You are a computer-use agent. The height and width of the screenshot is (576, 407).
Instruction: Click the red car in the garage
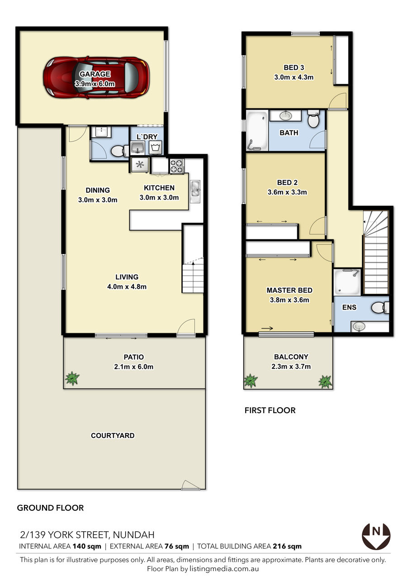pos(96,78)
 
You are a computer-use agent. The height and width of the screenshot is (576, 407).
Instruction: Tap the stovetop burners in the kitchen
pos(177,166)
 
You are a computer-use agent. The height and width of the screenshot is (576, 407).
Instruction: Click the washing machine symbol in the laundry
pos(155,148)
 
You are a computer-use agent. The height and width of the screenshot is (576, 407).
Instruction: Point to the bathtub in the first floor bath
pos(257,131)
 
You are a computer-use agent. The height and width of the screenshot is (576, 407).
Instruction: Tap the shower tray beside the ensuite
pos(347,282)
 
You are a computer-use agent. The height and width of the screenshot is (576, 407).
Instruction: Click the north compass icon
pos(376,536)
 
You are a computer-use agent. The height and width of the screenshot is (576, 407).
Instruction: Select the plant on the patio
pos(72,378)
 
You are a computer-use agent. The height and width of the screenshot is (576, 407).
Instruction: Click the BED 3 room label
pos(293,67)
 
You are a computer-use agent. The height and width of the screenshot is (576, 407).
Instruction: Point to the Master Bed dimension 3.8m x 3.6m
pos(289,300)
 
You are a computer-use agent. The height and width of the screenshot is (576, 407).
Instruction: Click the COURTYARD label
pos(113,436)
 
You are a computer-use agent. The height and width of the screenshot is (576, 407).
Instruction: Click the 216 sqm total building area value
pos(287,546)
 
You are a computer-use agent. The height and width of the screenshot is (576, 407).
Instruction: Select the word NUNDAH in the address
pos(133,535)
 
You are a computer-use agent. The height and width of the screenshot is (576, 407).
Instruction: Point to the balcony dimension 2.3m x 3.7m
pos(291,367)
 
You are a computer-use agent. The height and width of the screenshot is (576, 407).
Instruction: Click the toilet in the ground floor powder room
pos(120,151)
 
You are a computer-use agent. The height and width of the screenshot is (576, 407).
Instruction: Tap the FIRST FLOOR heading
pos(270,410)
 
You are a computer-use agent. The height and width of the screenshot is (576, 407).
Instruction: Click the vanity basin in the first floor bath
pos(285,116)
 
